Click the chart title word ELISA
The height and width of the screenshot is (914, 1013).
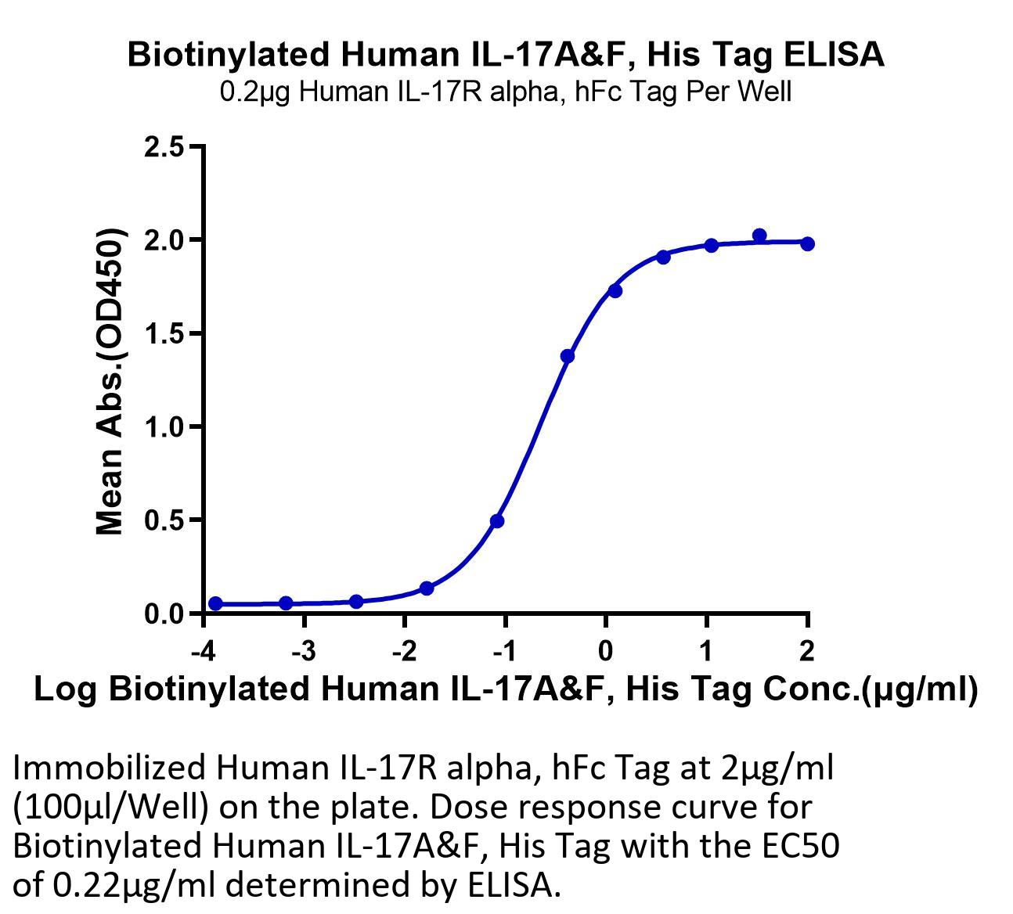click(x=833, y=55)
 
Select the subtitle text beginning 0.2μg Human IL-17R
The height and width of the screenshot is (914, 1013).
click(x=506, y=92)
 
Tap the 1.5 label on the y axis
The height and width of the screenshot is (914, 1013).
click(x=164, y=333)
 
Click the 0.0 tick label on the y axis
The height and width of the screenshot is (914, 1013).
click(x=164, y=614)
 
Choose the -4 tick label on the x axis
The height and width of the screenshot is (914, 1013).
click(x=204, y=651)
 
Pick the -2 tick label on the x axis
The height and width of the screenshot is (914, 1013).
click(x=405, y=651)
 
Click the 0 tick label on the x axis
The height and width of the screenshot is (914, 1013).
click(x=605, y=651)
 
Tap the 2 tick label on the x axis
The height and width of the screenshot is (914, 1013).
click(x=807, y=651)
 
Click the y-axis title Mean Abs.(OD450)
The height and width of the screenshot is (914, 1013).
click(x=110, y=381)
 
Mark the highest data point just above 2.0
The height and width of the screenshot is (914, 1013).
click(x=759, y=236)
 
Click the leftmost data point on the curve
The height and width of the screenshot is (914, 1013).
click(x=215, y=603)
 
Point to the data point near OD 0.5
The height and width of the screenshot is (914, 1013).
click(x=497, y=521)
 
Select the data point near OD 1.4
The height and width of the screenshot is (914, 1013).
click(x=568, y=357)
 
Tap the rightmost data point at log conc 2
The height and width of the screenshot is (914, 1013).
click(x=807, y=244)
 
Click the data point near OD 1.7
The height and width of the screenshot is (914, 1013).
click(x=615, y=291)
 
